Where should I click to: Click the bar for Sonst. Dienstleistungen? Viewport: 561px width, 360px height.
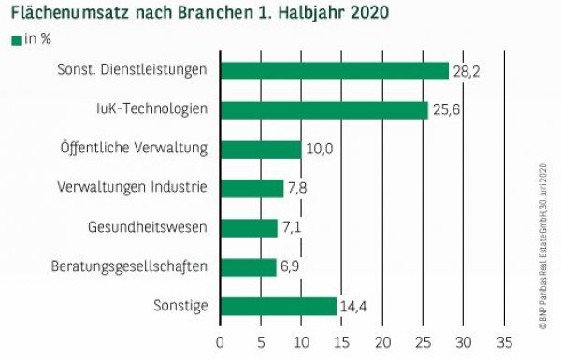(334, 71)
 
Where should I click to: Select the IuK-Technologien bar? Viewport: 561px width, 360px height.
(324, 110)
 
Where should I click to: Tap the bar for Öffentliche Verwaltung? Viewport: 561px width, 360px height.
(260, 150)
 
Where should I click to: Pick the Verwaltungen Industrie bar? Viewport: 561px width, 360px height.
(252, 189)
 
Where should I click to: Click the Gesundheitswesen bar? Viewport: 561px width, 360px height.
(249, 228)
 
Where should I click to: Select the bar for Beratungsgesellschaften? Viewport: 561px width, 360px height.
(248, 267)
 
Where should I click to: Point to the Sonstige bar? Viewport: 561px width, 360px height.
(278, 307)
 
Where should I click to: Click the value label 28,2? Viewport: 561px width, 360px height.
(465, 71)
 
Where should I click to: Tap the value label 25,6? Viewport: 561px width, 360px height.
(444, 110)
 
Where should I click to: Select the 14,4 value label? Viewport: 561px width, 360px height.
(352, 307)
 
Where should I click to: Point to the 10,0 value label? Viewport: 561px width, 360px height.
(317, 150)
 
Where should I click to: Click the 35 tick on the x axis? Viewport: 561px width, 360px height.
(505, 341)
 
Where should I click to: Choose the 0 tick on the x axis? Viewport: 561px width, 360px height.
(220, 341)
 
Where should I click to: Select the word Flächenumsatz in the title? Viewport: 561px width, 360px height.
(66, 14)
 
